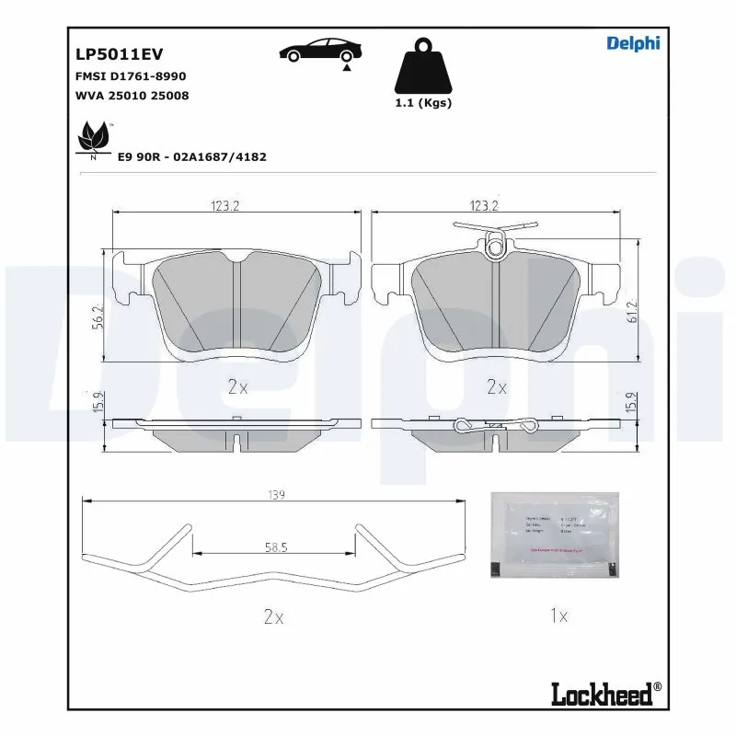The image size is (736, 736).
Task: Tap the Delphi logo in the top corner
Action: [x=633, y=43]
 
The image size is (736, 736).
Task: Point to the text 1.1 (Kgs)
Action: [x=422, y=103]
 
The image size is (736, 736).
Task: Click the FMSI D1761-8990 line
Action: [x=130, y=76]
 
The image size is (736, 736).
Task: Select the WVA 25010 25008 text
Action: [x=132, y=95]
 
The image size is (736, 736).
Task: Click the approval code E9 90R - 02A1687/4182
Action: [x=191, y=157]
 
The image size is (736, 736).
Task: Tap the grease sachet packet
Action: [x=556, y=535]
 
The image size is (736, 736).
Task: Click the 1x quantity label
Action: [x=558, y=616]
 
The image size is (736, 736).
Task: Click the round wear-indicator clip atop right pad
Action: [x=497, y=246]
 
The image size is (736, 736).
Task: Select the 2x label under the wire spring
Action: [x=272, y=617]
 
